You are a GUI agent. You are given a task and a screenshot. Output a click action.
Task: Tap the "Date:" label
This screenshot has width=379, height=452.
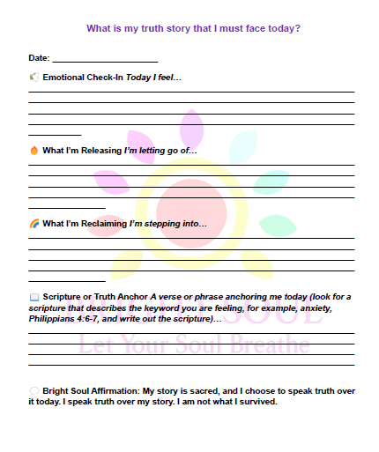39,58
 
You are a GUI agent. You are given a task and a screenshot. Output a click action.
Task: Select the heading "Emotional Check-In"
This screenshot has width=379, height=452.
83,78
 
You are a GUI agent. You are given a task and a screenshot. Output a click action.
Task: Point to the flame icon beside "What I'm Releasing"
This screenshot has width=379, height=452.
33,151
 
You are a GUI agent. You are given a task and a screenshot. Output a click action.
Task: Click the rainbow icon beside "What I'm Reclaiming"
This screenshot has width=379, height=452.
33,223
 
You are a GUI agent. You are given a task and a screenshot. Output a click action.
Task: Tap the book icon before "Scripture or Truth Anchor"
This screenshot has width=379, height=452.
33,297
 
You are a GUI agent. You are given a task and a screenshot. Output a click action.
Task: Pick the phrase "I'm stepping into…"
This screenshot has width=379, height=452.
167,224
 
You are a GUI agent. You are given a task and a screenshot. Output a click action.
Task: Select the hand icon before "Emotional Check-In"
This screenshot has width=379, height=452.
33,78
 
